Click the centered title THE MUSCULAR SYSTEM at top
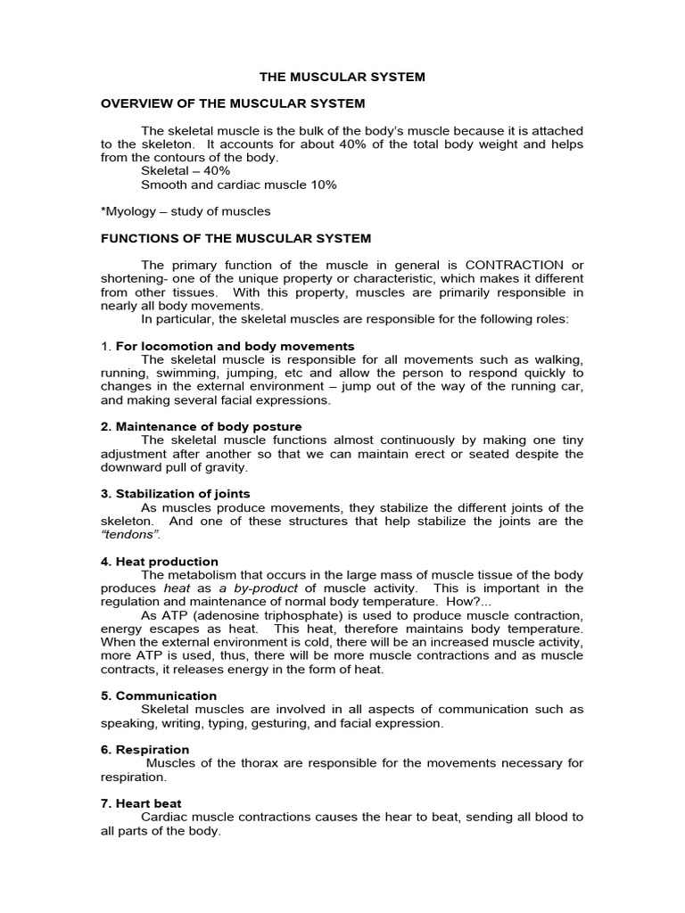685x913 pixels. point(342,78)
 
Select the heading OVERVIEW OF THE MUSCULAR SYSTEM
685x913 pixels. point(233,104)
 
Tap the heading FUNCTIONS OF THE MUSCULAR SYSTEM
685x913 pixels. point(235,238)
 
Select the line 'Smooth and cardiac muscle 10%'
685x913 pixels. point(239,185)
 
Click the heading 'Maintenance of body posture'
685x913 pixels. point(201,426)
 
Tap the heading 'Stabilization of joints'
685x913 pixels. point(175,494)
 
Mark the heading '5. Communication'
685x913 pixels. point(158,695)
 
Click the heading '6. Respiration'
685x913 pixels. point(144,750)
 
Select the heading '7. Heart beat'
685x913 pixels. point(142,803)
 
